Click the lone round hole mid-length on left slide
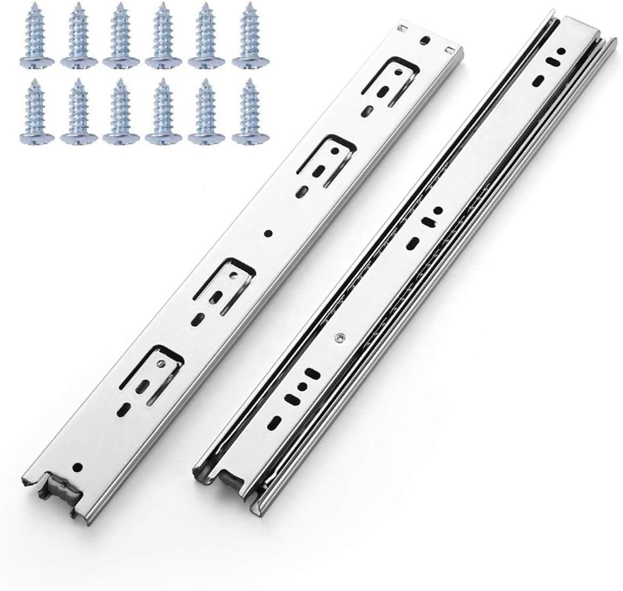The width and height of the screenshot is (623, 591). tap(268, 234)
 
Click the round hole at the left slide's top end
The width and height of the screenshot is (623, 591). tap(426, 40)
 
